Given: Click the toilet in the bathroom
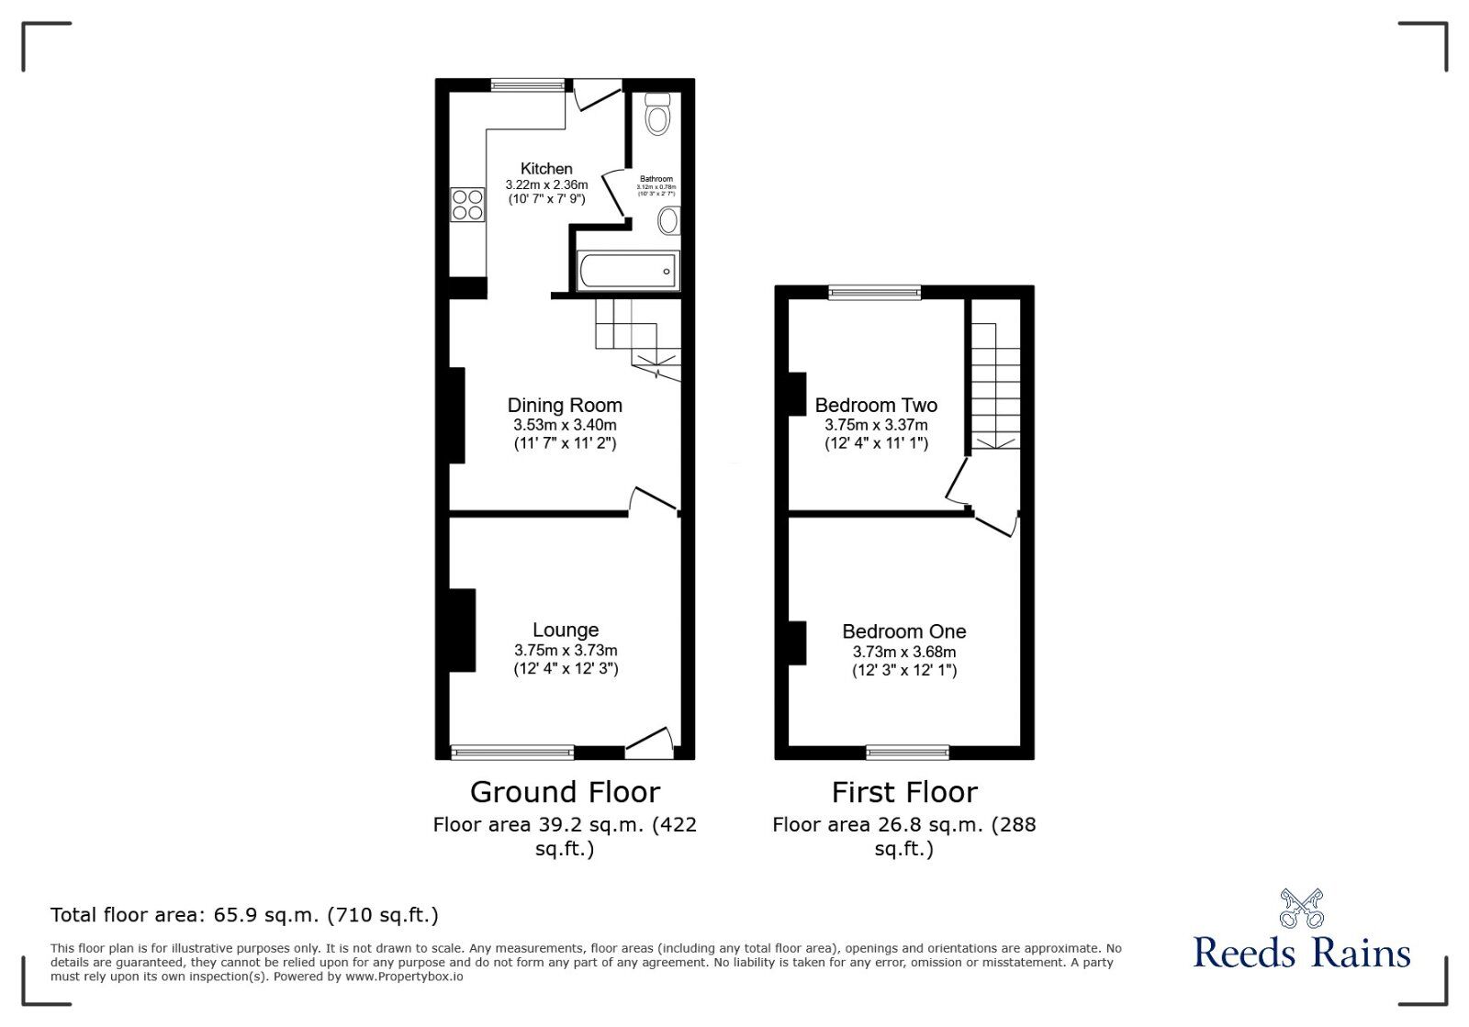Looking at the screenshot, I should click(x=657, y=115).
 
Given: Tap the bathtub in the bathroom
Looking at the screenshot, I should click(x=628, y=272).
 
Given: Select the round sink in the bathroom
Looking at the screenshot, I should click(x=668, y=221).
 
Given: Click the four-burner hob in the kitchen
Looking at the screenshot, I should click(x=467, y=205).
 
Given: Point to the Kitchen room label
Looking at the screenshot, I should click(x=546, y=169).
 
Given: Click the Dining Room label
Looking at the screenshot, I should click(x=565, y=406).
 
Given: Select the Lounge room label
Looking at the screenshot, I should click(x=566, y=631).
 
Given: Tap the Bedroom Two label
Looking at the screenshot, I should click(x=876, y=406).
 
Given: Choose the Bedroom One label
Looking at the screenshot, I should click(x=904, y=631).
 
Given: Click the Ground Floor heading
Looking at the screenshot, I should click(x=565, y=792).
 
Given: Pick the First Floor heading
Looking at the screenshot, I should click(x=904, y=792).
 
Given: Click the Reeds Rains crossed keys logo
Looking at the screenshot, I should click(x=1301, y=908).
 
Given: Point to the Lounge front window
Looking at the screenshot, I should click(x=512, y=753).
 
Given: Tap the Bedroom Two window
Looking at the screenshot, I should click(x=874, y=293).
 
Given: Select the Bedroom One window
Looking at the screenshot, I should click(x=907, y=753).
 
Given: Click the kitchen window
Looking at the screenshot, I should click(x=528, y=85).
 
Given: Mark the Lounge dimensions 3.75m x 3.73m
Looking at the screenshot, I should click(x=566, y=651).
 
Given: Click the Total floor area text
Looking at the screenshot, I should click(x=244, y=915).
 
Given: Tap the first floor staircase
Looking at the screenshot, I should click(x=995, y=385).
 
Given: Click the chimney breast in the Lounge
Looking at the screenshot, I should click(x=462, y=631).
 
